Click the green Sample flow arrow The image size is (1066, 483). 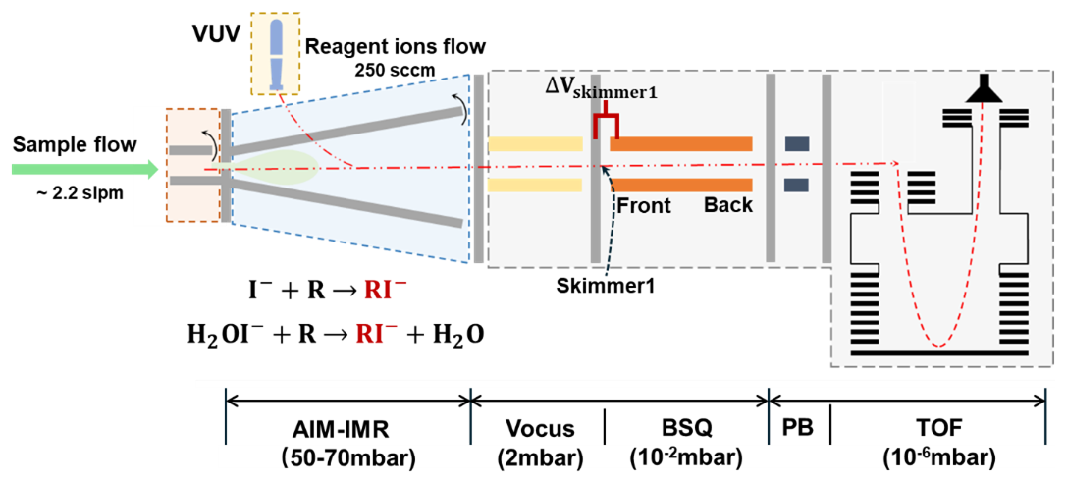coord(83,169)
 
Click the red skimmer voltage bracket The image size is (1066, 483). coord(606,125)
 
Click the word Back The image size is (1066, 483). coord(727,205)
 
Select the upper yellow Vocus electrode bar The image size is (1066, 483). coord(535,144)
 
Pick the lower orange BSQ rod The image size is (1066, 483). coord(681,185)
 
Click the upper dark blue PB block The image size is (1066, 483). coord(796,144)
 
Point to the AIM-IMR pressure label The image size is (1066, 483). coord(348,445)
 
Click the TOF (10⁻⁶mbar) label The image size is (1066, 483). coord(940,445)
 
